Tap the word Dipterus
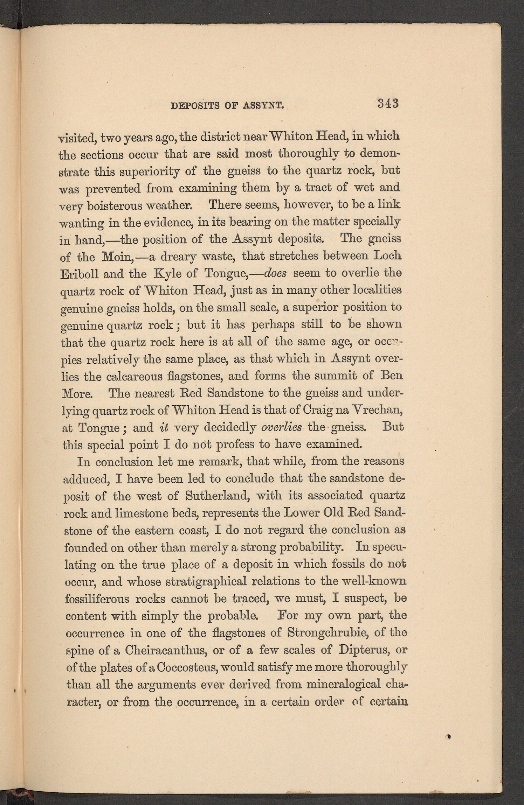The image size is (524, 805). click(364, 650)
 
